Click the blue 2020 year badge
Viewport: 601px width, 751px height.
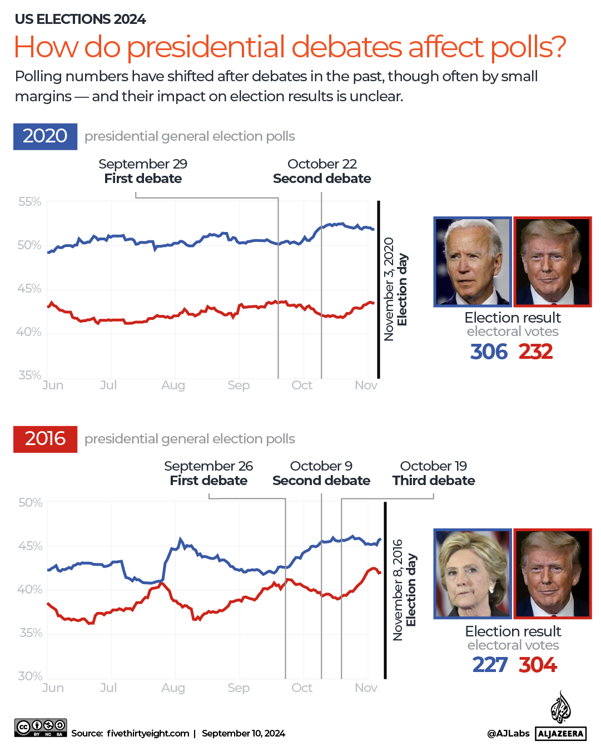coord(45,136)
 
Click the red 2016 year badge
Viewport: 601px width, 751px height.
coord(45,439)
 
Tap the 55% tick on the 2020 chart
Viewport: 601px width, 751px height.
coord(29,202)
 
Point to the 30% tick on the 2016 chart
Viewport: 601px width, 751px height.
coord(30,676)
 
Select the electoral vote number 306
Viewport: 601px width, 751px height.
coord(489,352)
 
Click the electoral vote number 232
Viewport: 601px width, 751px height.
coord(535,352)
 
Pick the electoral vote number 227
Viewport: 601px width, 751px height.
coord(490,665)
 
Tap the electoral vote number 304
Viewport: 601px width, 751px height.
coord(538,665)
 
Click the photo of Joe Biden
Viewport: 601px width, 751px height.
coord(473,261)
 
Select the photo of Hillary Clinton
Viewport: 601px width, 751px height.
coord(473,574)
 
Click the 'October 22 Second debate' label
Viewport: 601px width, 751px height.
coord(322,171)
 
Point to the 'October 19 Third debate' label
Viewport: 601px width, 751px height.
coord(434,473)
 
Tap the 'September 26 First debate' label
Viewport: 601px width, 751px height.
coord(208,473)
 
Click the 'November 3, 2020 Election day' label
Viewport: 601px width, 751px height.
coord(396,289)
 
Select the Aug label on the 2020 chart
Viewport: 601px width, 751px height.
coord(173,386)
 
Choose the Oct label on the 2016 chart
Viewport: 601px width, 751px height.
coord(302,688)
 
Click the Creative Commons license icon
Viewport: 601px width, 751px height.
coord(41,728)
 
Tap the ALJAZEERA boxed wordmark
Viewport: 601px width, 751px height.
coord(561,734)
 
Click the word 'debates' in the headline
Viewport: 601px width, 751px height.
coord(347,47)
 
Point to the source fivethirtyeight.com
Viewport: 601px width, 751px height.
coord(148,734)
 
